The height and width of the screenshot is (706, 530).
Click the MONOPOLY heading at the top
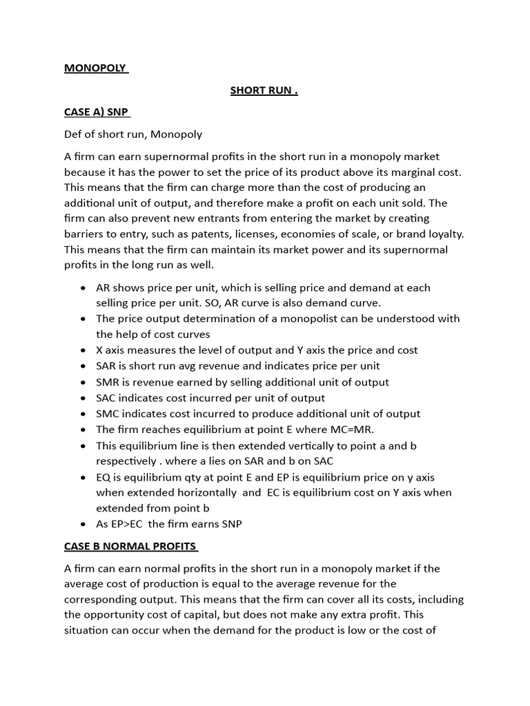click(95, 68)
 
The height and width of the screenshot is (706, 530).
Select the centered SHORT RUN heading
click(264, 90)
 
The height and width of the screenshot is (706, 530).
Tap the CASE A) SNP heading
click(96, 112)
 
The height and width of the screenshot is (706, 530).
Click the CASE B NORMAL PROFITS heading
click(131, 546)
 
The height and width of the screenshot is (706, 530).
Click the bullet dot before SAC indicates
click(84, 399)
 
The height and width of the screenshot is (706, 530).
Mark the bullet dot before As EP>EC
click(84, 525)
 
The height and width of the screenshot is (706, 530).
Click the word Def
click(74, 134)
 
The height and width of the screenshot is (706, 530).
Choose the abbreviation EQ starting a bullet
click(104, 477)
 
